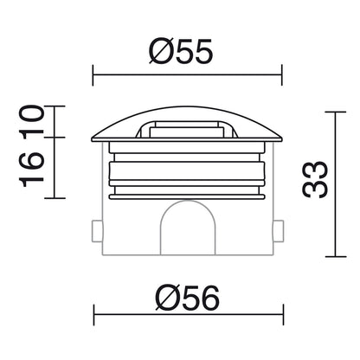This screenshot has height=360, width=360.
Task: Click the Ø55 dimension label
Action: click(180, 53)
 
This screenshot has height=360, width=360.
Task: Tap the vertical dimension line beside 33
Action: click(337, 184)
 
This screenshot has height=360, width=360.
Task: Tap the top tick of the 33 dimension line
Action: click(337, 111)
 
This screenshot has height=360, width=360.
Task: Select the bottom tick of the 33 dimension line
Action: click(337, 258)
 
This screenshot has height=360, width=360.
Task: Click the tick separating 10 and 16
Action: click(55, 137)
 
